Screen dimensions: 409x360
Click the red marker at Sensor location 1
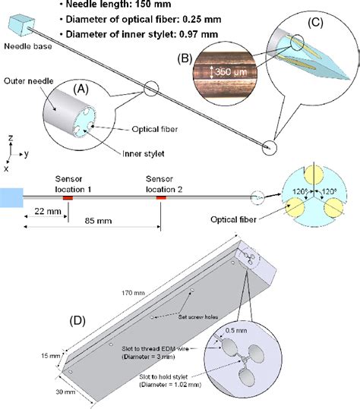pos(67,197)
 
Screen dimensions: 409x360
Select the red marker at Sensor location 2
pos(160,197)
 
